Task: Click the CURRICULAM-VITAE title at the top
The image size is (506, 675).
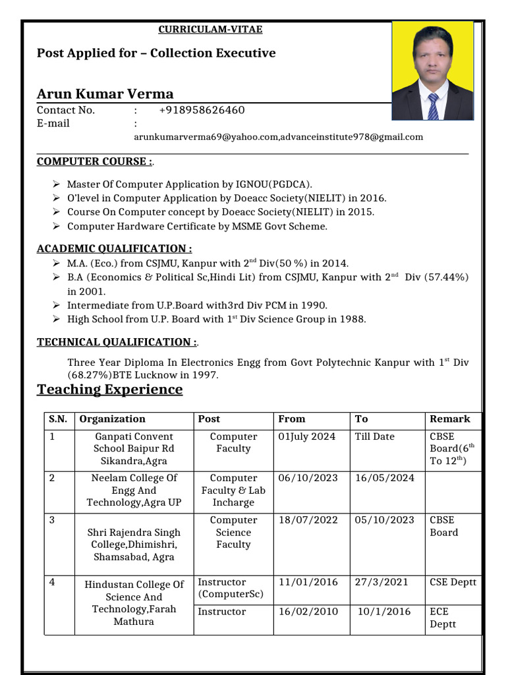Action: [211, 30]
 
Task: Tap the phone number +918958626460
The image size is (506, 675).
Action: [202, 110]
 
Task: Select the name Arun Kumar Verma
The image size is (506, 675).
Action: [105, 94]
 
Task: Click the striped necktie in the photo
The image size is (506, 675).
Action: [433, 106]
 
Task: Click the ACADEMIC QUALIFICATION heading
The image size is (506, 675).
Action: [115, 249]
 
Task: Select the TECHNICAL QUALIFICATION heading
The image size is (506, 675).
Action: [117, 342]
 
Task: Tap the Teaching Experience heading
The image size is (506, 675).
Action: [110, 390]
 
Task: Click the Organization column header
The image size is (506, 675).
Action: [113, 419]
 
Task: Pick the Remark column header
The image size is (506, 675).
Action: [450, 419]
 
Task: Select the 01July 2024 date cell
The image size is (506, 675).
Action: [307, 436]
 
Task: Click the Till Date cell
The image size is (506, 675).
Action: [374, 436]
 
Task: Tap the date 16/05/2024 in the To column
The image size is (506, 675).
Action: [385, 478]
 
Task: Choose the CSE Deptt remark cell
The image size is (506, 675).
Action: [453, 582]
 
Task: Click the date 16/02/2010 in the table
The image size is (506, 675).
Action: [308, 612]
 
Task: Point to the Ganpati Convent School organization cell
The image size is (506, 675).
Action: [134, 448]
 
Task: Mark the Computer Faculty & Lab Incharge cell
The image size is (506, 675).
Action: [233, 490]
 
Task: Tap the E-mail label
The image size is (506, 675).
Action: [53, 124]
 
